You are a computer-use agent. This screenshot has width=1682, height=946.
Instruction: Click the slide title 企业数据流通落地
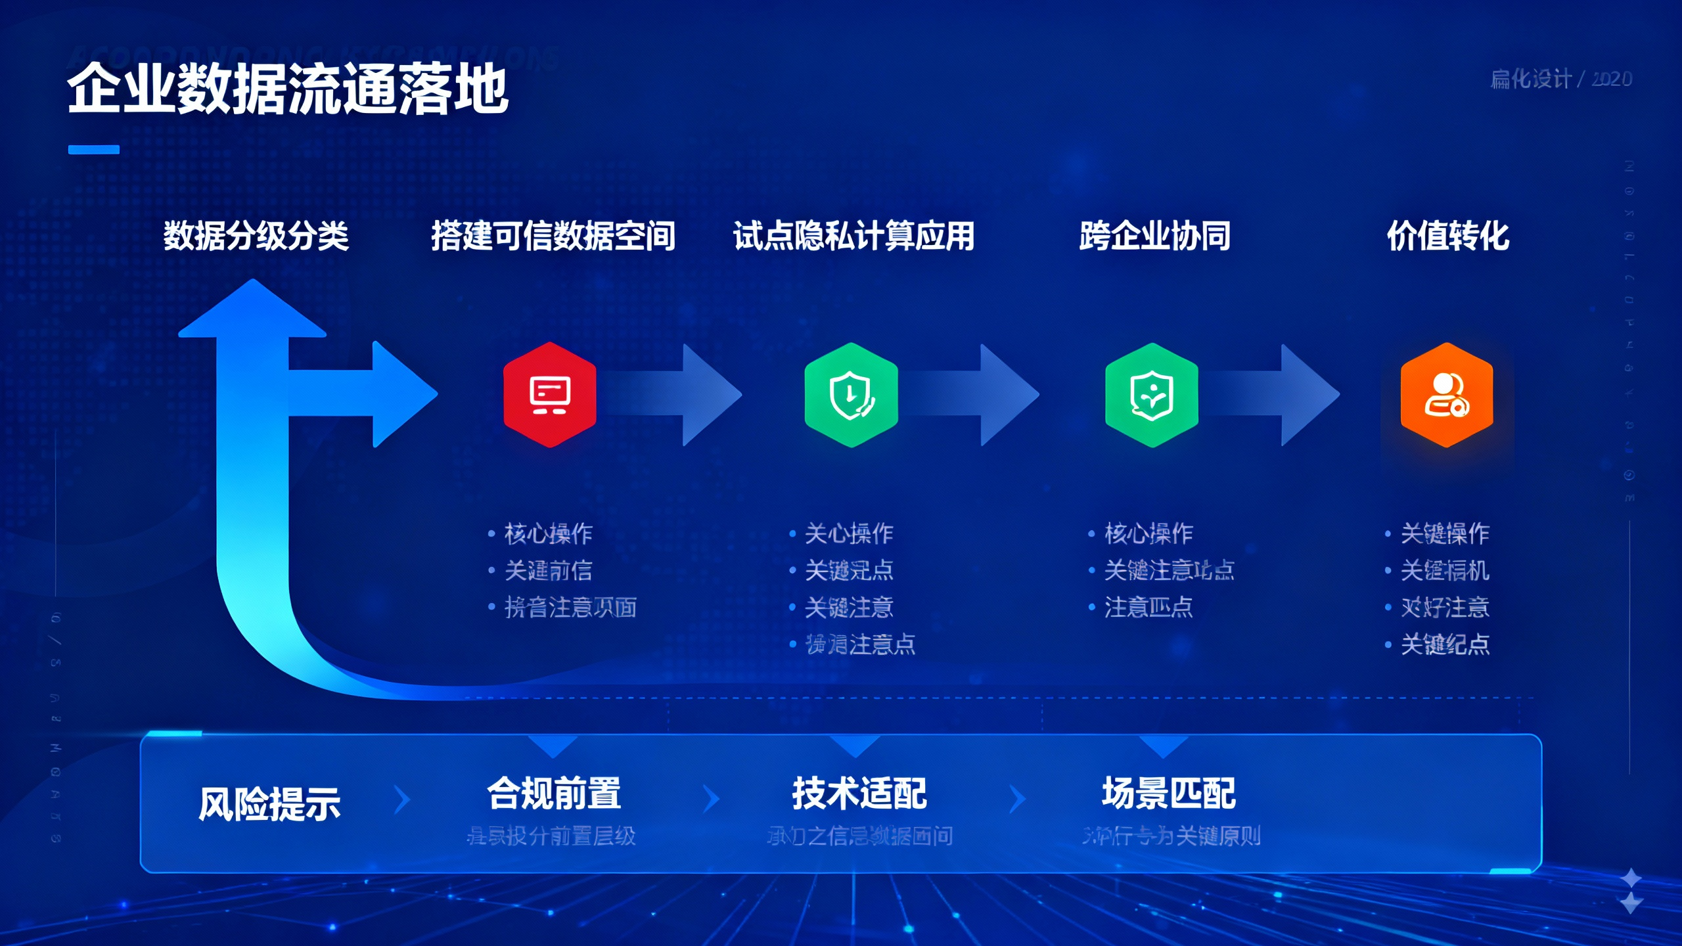tap(288, 89)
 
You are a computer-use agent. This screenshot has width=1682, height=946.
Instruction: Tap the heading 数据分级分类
tap(256, 236)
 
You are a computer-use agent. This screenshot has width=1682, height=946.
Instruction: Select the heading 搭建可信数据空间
tap(553, 236)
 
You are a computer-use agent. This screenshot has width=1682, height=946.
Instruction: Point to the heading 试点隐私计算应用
tap(853, 236)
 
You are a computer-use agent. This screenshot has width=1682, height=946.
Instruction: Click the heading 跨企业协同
tap(1154, 236)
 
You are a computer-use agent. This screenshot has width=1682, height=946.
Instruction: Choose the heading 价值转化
tap(1447, 236)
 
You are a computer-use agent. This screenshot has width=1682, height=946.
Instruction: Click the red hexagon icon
tap(550, 395)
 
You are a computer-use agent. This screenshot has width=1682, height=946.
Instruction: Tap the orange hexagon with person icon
tap(1447, 395)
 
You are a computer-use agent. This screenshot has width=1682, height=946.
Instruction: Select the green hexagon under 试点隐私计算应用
tap(851, 395)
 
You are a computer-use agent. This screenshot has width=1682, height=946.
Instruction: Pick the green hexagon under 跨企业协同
tap(1151, 395)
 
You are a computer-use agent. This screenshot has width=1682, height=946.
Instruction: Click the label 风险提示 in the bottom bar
tap(269, 803)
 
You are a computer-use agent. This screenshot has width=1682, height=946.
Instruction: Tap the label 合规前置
tap(554, 793)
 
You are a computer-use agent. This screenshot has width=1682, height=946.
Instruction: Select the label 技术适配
tap(859, 793)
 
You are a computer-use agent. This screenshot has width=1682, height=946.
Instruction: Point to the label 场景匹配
tap(1168, 793)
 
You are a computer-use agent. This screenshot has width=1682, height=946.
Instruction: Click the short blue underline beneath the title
tap(94, 150)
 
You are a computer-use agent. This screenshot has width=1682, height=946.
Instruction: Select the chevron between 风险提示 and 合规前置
tap(402, 800)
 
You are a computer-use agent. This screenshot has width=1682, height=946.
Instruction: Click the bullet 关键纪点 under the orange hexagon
tap(1445, 644)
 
